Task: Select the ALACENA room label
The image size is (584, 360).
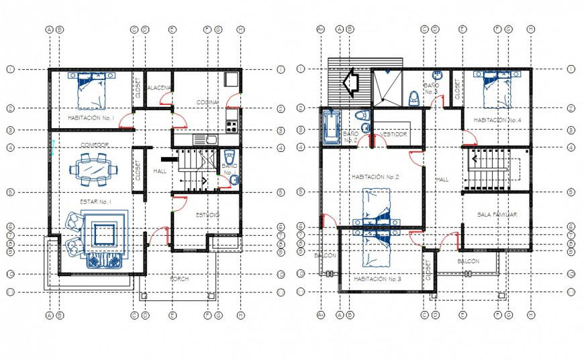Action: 158,88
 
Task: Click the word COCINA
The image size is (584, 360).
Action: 207,102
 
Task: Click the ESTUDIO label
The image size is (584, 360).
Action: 207,215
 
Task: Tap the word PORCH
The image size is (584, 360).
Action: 179,279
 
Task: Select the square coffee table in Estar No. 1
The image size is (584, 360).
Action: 103,234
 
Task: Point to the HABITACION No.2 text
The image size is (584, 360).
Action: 375,177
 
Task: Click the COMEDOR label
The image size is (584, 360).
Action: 95,144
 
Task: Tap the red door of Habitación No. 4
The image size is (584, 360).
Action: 470,138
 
